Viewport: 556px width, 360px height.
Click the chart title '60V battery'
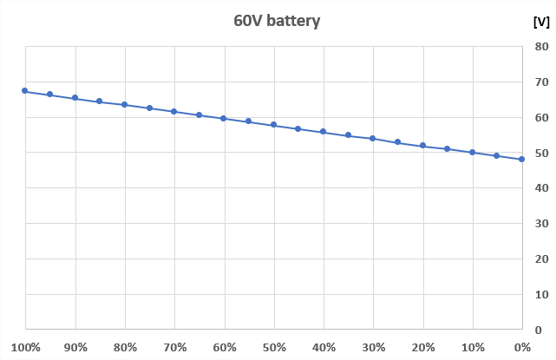tap(277, 21)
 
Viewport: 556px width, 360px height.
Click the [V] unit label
tap(540, 23)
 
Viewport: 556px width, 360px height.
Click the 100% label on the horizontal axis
tap(26, 348)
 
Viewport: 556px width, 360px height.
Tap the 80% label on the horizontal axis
tap(126, 348)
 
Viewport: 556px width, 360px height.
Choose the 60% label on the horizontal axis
tap(225, 348)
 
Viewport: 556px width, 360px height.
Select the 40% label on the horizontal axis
tap(324, 348)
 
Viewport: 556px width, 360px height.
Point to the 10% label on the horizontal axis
tap(473, 348)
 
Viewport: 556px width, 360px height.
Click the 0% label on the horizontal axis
tap(521, 348)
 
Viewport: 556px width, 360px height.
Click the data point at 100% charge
tap(25, 91)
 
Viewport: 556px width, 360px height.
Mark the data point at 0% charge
tap(522, 159)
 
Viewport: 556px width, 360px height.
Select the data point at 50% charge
tap(273, 125)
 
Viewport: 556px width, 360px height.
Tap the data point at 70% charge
tap(174, 111)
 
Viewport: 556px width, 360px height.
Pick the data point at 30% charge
tap(373, 138)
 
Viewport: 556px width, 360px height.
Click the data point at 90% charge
tap(75, 98)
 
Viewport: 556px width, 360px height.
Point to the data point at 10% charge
tap(473, 152)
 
